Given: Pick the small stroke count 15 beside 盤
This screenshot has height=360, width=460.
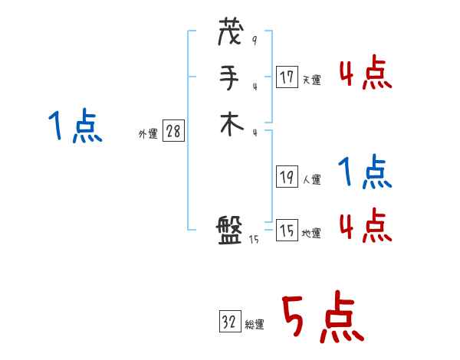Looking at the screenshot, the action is (x=255, y=241).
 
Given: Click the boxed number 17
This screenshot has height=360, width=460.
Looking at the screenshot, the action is (x=287, y=77).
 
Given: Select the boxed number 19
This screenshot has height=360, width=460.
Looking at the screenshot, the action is (x=287, y=177).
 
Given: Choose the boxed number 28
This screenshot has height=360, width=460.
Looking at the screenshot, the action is (x=173, y=131).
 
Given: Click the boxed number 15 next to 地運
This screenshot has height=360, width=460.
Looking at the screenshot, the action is (x=287, y=231).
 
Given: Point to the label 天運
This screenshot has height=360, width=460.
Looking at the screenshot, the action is (x=311, y=80).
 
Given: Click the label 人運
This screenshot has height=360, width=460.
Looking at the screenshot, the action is (x=311, y=180).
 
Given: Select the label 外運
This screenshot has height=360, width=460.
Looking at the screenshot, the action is (x=148, y=134).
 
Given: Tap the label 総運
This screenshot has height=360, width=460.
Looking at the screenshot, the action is (x=255, y=326).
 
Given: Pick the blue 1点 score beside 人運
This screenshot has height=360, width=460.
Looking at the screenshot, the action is (x=364, y=172).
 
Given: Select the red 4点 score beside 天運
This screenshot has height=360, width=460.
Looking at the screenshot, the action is (x=365, y=74).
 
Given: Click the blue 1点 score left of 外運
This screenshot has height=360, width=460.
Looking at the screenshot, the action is (x=74, y=126).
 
